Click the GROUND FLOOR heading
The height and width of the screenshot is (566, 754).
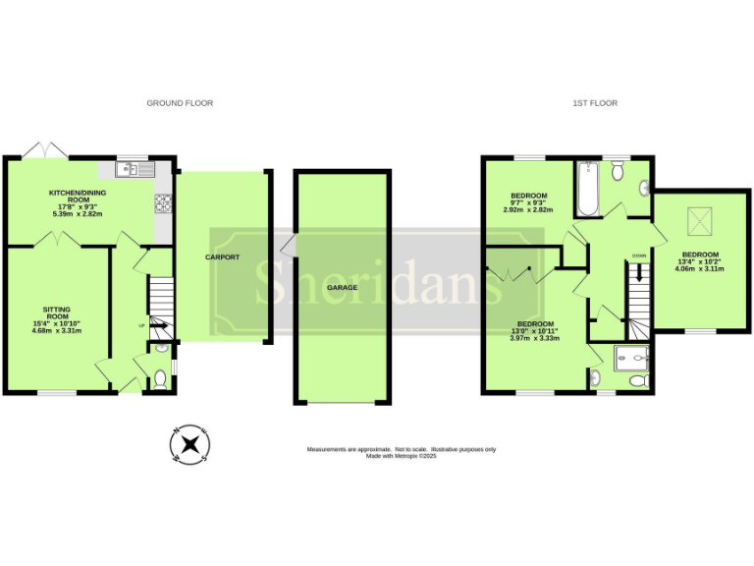[x=180, y=103]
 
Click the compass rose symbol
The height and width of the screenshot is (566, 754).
[x=188, y=445]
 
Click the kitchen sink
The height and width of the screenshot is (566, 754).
[x=129, y=170]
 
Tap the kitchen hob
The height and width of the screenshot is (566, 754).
[x=162, y=203]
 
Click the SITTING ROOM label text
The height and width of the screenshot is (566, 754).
[x=56, y=316]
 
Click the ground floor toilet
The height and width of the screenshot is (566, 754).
[x=160, y=379]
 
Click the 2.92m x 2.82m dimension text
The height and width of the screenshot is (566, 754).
[x=528, y=209]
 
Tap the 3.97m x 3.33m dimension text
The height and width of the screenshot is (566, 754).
[x=535, y=338]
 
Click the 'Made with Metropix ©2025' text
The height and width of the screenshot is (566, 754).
[x=401, y=456]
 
